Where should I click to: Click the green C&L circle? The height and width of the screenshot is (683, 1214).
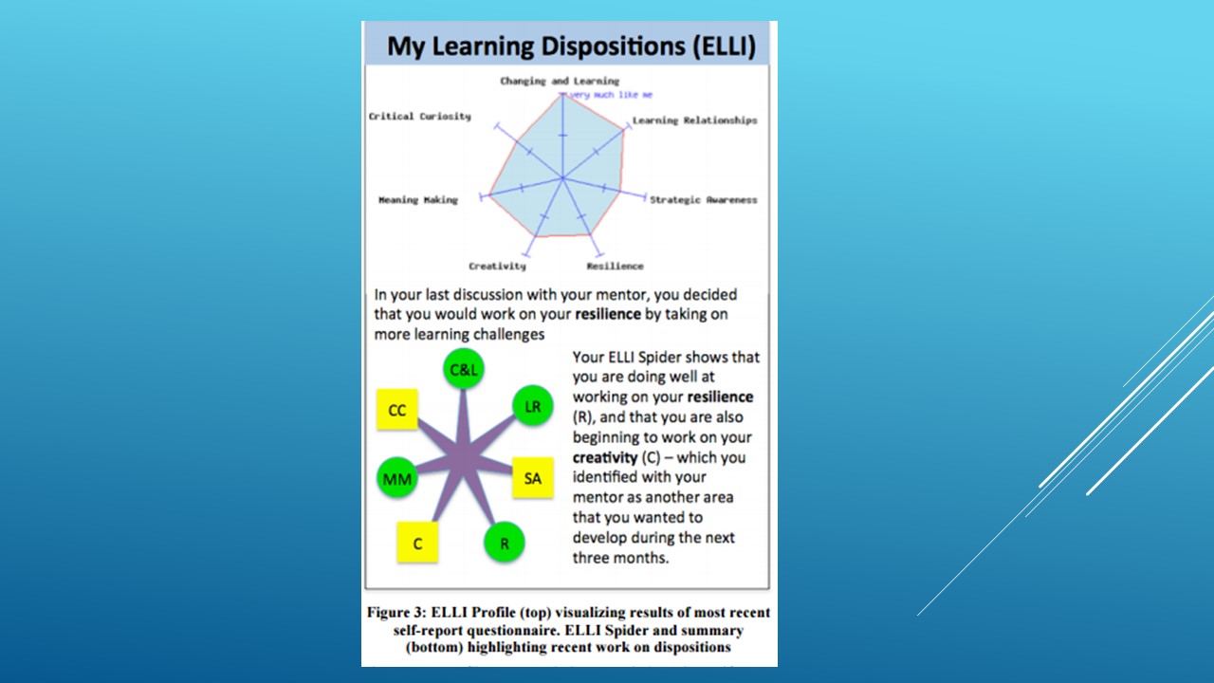464,369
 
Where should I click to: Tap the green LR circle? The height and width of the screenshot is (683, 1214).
533,406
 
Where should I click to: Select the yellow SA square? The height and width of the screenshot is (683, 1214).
533,478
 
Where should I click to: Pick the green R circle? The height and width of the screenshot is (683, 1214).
504,544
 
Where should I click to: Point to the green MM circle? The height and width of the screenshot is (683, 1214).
397,479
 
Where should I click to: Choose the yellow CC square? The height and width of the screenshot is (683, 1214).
397,410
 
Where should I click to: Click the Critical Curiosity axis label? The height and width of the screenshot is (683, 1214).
420,117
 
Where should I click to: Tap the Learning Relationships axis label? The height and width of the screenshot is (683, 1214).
695,120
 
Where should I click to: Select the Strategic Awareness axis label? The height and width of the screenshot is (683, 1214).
704,200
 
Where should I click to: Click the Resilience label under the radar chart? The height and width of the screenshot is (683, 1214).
616,267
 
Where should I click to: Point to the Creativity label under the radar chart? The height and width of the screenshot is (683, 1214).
498,267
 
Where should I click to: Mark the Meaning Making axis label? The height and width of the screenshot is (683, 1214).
418,200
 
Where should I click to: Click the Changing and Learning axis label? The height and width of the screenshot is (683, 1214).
560,82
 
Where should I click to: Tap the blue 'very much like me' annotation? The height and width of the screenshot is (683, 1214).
612,95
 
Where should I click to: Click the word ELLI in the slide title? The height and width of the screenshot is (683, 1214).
725,46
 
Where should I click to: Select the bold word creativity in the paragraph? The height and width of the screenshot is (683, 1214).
605,457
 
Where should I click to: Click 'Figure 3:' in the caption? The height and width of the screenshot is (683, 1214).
396,613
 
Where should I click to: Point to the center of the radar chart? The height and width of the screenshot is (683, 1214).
563,177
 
